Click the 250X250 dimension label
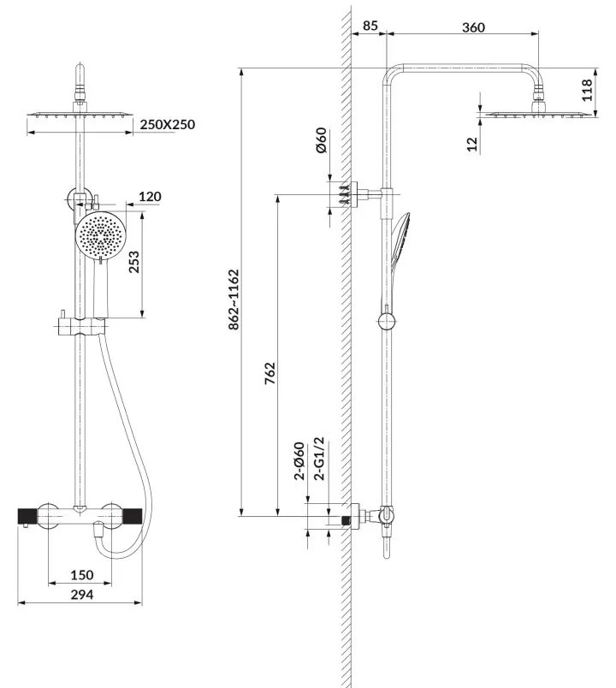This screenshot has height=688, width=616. [x=167, y=125]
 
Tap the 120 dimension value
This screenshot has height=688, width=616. [x=150, y=197]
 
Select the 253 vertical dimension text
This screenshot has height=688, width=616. [x=134, y=262]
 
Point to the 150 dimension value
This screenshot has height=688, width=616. [x=82, y=575]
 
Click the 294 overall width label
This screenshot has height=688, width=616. [x=82, y=595]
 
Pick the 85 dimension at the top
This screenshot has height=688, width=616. [x=370, y=26]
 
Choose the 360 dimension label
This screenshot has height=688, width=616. [x=473, y=27]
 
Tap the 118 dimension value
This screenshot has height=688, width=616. [x=587, y=90]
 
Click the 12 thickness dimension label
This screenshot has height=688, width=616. [x=472, y=144]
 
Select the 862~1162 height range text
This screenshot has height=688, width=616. [x=234, y=300]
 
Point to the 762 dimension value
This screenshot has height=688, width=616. [x=270, y=373]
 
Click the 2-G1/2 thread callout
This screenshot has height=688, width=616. [x=321, y=459]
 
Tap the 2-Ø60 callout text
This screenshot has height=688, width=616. [x=299, y=460]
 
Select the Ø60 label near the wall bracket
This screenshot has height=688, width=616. [x=321, y=140]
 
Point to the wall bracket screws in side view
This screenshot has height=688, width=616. [x=346, y=194]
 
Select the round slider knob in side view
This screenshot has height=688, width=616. [x=387, y=322]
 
